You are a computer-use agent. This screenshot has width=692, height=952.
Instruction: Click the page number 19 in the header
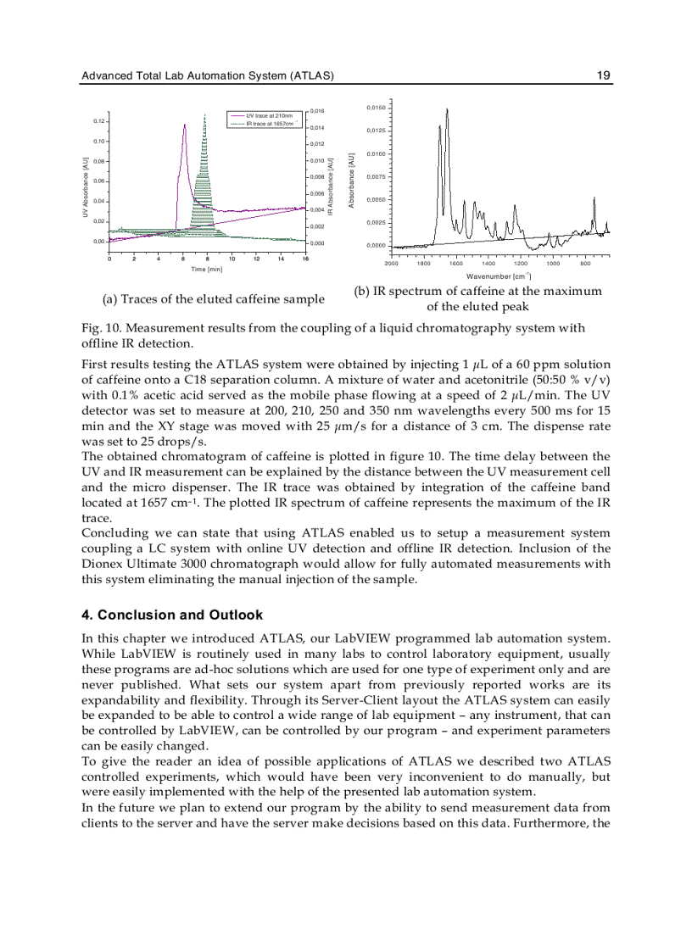(603, 76)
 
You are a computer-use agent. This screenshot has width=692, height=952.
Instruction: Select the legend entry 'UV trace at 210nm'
(269, 115)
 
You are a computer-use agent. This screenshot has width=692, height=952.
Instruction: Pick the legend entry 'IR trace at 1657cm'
(269, 123)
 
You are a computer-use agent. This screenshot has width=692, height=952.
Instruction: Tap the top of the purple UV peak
(183, 125)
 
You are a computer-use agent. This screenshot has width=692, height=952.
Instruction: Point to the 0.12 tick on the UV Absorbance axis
(98, 121)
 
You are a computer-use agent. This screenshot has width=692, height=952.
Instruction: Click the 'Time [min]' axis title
(207, 269)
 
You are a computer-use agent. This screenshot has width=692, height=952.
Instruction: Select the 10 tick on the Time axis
(232, 259)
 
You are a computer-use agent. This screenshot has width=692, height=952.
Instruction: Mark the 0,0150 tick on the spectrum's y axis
(376, 108)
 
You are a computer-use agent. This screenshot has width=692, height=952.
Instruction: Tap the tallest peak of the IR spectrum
(447, 109)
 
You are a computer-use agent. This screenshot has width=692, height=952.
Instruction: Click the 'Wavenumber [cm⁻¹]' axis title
(498, 276)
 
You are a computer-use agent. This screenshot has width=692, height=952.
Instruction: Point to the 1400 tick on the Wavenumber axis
(488, 263)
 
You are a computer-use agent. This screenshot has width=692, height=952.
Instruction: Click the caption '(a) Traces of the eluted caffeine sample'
(213, 299)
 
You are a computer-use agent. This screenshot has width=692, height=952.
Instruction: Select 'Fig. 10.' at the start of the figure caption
(101, 328)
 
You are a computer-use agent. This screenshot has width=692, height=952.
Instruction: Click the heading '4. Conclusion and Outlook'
(172, 615)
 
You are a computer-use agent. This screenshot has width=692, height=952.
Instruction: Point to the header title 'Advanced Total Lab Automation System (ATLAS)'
(208, 76)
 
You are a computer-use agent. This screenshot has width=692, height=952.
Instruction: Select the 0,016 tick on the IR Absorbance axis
(318, 110)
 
